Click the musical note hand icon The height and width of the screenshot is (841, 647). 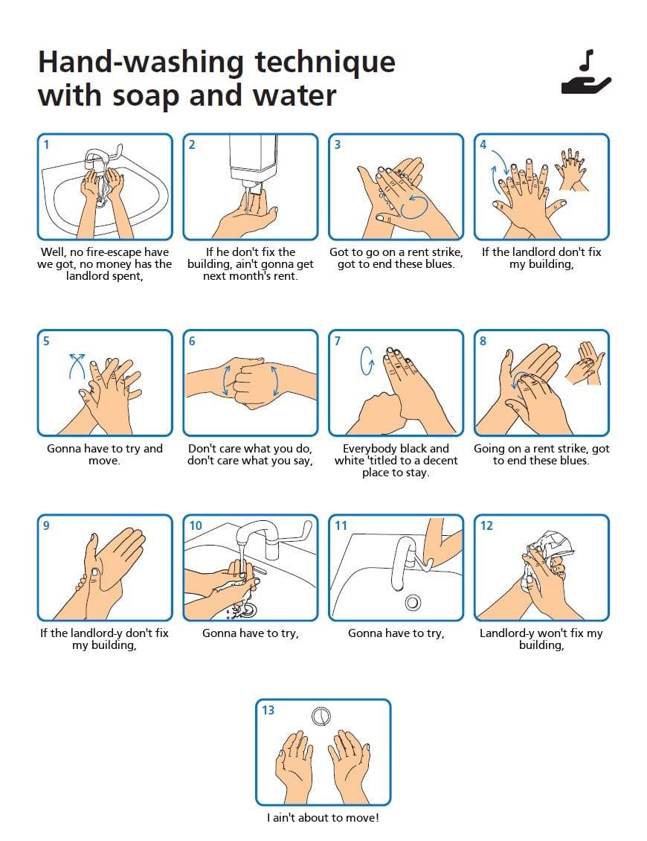point(586,73)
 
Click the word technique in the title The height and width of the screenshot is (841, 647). point(325,63)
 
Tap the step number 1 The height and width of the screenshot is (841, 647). point(47,144)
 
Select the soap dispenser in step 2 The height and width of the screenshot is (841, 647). point(253,161)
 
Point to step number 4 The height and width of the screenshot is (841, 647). point(483,144)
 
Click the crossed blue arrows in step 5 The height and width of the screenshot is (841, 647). point(77,365)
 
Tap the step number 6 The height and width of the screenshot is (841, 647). point(192,341)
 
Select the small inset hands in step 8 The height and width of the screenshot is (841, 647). point(585,363)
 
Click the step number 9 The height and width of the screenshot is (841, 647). point(46,525)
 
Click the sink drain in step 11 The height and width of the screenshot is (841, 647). point(412,602)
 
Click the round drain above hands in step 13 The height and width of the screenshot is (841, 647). point(321,716)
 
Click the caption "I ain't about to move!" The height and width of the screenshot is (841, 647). point(323,818)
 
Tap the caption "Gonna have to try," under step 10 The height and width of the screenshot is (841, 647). point(251,633)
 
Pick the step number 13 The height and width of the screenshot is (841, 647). point(268,710)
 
